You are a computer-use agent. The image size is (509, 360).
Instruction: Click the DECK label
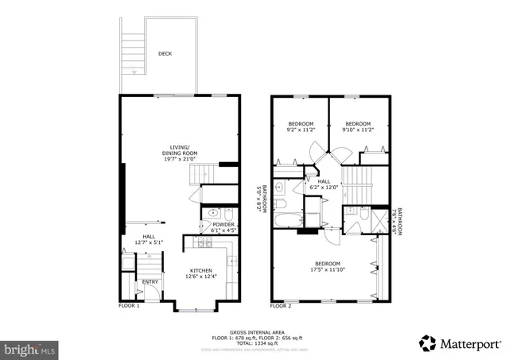(165, 54)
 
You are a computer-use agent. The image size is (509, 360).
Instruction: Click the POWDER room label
(223, 225)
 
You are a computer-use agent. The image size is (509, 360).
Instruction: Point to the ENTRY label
(150, 281)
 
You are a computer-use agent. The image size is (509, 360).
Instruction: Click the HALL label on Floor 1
(149, 236)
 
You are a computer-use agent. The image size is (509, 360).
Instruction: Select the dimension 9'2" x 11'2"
(301, 130)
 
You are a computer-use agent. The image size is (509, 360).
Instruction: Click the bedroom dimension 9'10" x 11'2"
(357, 130)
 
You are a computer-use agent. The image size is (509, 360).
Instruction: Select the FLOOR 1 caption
(129, 305)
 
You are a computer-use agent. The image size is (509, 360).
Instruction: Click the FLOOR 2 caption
(281, 305)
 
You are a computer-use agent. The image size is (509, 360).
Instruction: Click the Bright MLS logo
(30, 348)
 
